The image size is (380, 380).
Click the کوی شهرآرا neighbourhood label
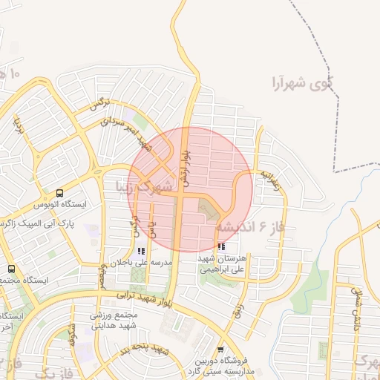pos(303,80)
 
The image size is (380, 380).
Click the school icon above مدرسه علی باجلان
pos(141,252)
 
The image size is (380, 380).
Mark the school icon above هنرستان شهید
pos(221,247)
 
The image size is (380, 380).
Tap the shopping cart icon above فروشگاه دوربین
pos(220,350)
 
